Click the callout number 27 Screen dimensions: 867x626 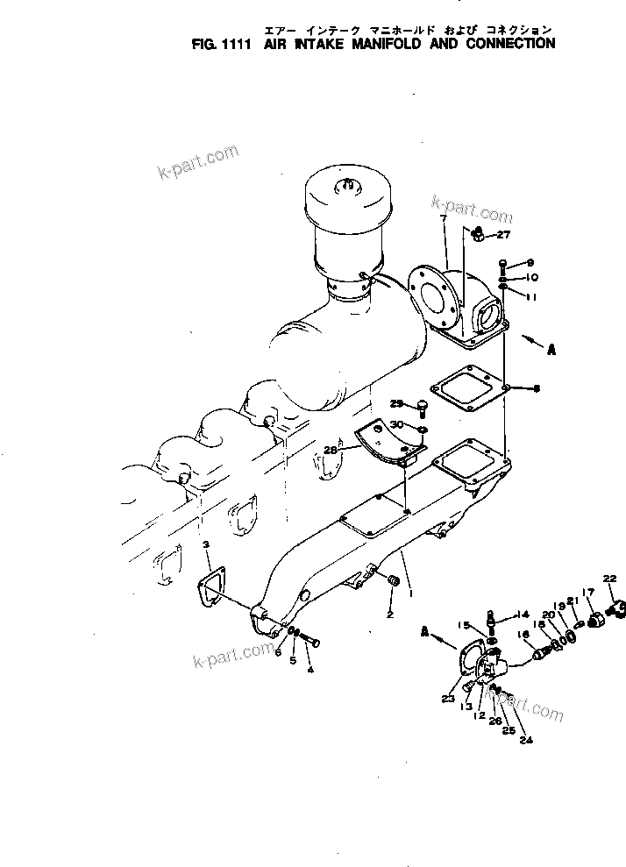(x=503, y=235)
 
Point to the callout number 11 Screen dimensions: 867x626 (x=531, y=297)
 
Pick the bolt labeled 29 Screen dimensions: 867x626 (x=422, y=405)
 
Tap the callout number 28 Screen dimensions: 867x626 (x=330, y=450)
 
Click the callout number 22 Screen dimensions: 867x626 (x=609, y=577)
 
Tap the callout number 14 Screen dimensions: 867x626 (x=523, y=614)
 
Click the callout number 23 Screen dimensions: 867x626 (x=449, y=698)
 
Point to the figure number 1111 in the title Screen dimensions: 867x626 (x=224, y=42)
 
